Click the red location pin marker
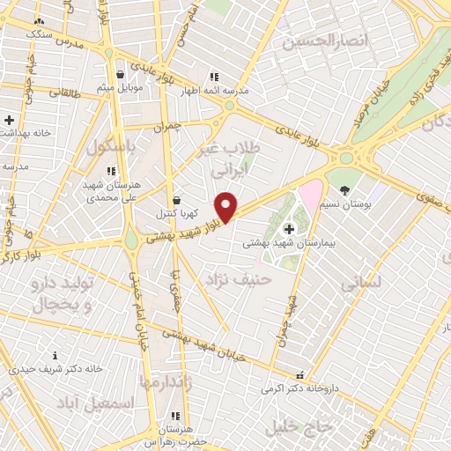(226, 206)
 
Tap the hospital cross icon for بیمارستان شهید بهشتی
(290, 229)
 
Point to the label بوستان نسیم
(344, 203)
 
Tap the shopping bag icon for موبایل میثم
(120, 75)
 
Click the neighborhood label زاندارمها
(165, 381)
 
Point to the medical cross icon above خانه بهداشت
(10, 119)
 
